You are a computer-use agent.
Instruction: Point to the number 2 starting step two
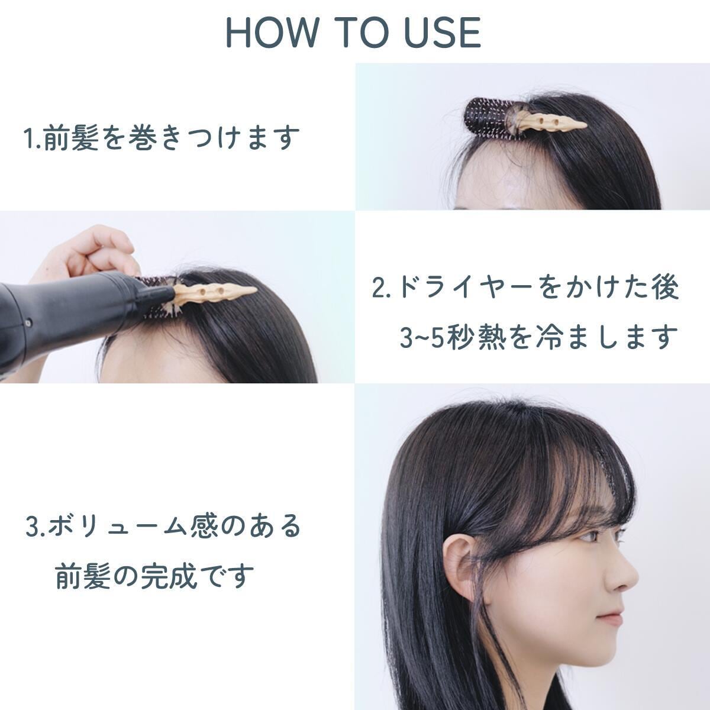click(x=379, y=288)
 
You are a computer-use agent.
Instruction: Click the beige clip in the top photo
click(x=550, y=122)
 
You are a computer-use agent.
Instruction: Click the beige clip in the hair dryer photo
click(x=213, y=293)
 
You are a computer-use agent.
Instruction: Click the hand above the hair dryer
click(x=89, y=251)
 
